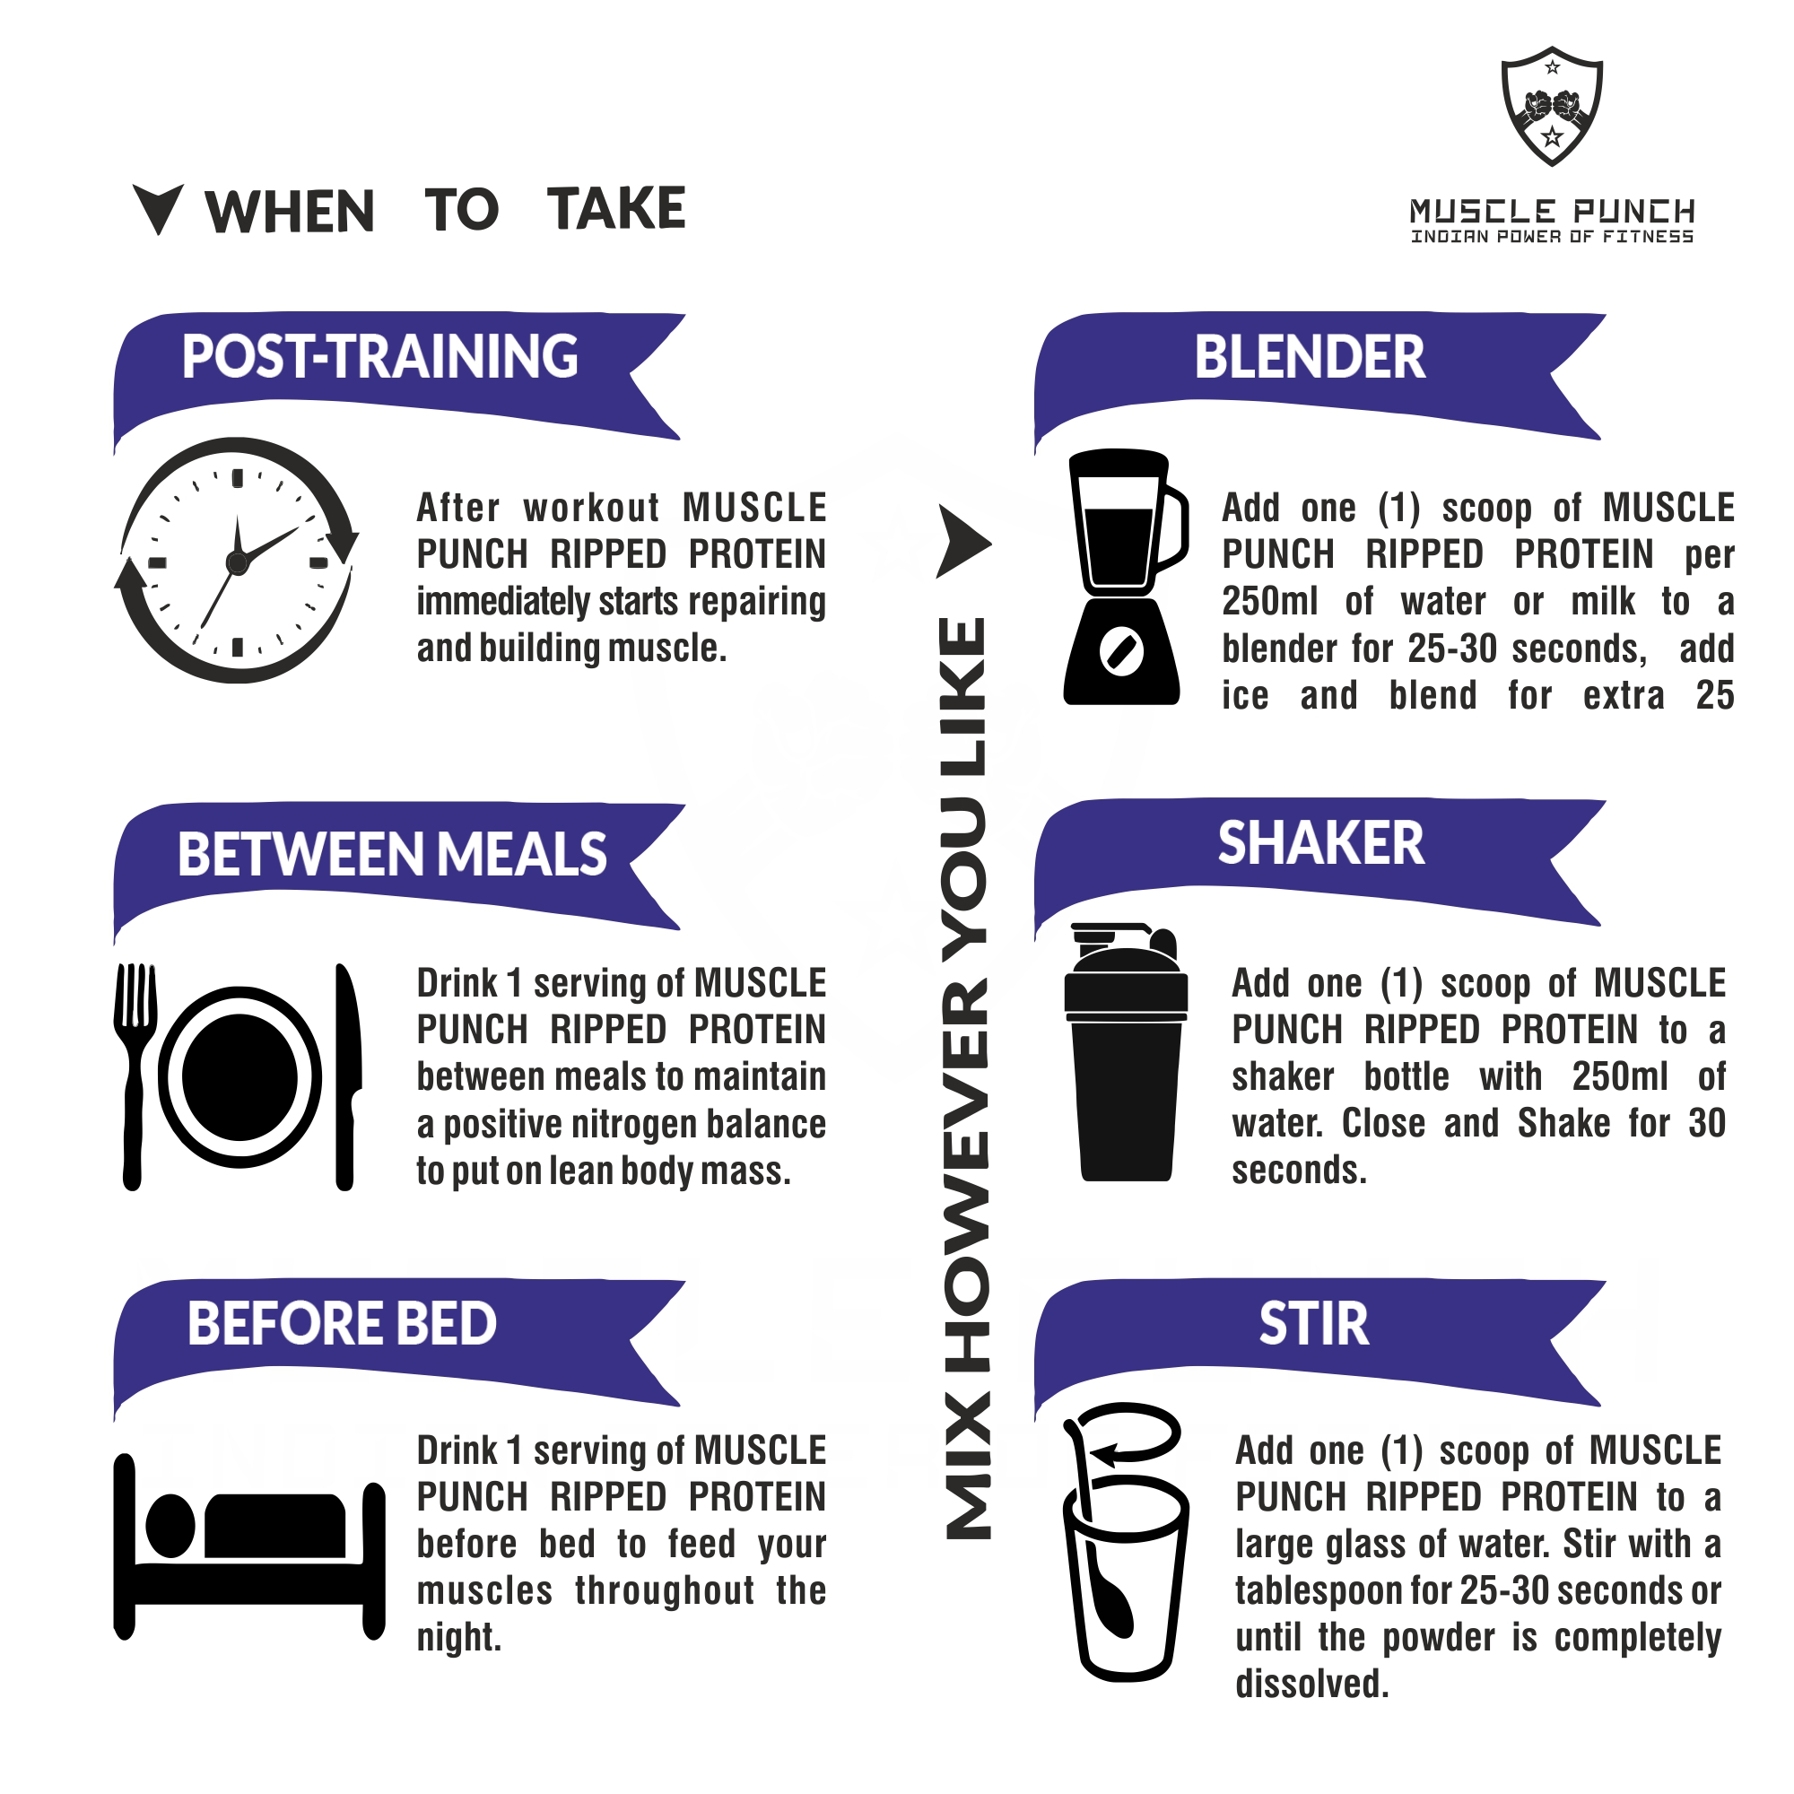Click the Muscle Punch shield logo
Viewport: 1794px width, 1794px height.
[1552, 106]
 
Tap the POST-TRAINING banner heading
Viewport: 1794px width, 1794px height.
[379, 357]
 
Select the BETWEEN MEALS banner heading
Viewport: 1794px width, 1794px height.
[392, 854]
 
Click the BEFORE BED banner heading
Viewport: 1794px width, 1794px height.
[342, 1323]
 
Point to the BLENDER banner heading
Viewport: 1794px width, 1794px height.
[1310, 357]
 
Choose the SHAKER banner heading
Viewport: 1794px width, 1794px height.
[1320, 843]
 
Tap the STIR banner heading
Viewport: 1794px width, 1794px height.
[1314, 1323]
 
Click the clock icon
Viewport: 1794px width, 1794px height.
[237, 560]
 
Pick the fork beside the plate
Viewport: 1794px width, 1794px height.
[135, 1076]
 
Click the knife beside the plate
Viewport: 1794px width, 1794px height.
[346, 1076]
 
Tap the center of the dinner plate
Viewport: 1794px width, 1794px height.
[239, 1077]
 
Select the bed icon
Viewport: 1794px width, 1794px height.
[248, 1547]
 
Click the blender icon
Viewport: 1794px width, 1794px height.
[1125, 577]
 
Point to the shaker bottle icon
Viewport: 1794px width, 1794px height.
[1126, 1052]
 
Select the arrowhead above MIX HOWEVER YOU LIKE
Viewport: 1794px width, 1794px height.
[962, 542]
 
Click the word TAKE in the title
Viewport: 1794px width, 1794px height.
[615, 209]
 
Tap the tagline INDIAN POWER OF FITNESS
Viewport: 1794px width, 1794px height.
[1552, 237]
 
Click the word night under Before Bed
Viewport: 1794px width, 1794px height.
[458, 1637]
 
